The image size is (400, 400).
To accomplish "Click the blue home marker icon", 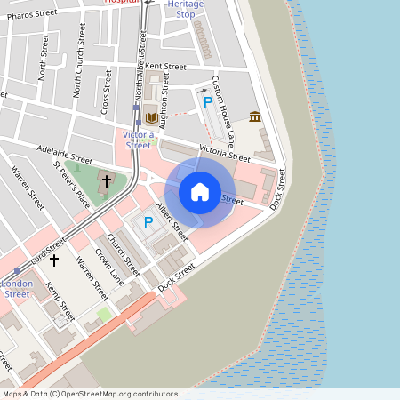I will coord(200,192).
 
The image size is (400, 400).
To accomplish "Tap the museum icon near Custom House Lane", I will coord(255,116).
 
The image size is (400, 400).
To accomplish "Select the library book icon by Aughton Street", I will coord(149,116).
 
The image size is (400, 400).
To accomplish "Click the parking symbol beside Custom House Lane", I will coord(208,103).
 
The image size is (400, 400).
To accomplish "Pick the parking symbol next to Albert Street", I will coord(148,222).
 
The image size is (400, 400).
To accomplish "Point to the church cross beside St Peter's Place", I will coord(107,181).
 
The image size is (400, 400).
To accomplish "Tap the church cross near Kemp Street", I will coord(54,260).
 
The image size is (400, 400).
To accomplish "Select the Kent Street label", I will coord(165,67).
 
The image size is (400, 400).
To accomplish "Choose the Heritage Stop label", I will coord(185,9).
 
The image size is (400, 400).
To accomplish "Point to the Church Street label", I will coord(124,253).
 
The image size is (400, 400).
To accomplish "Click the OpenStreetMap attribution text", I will coord(89,394).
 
